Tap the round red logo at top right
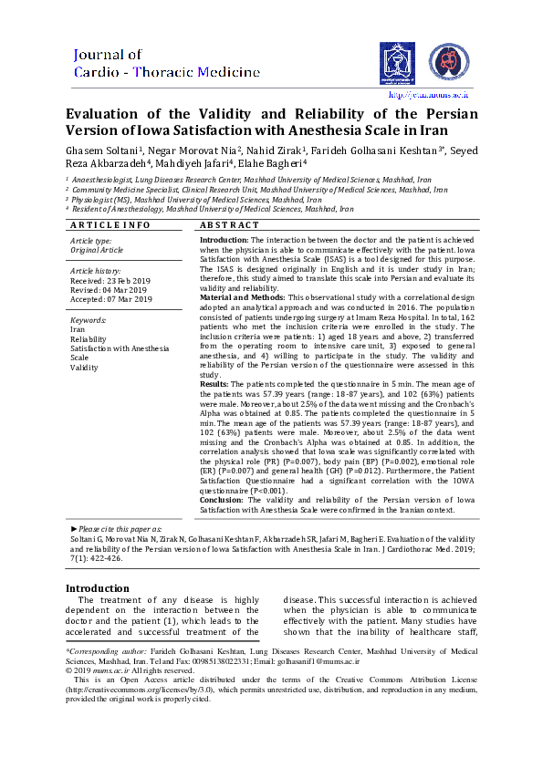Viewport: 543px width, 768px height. click(447, 62)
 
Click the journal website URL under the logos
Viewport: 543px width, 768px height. click(428, 94)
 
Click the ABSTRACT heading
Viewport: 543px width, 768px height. click(229, 225)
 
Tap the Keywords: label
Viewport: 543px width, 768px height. click(89, 321)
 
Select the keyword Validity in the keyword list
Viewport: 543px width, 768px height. click(84, 368)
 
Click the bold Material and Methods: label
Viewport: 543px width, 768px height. click(242, 297)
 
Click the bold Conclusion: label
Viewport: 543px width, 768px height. click(225, 500)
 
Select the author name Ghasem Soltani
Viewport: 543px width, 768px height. click(100, 150)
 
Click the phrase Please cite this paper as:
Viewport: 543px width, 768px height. click(119, 528)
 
